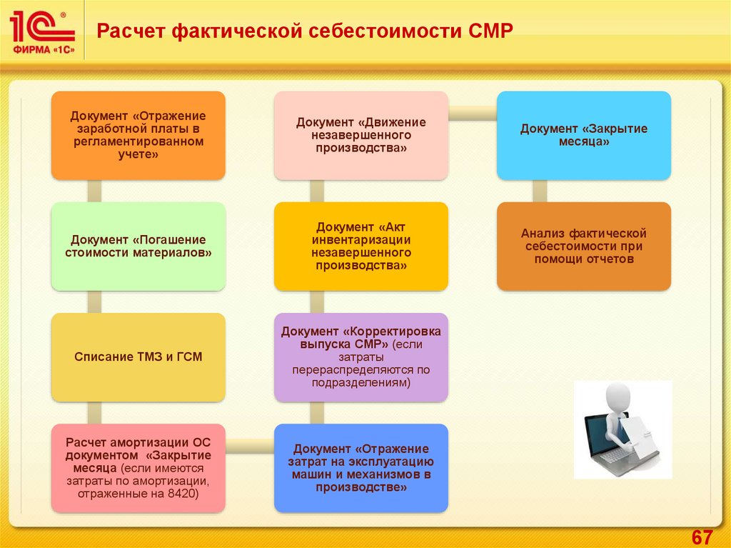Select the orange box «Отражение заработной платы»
click(x=138, y=135)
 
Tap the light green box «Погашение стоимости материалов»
click(x=138, y=246)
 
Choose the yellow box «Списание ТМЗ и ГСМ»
click(x=138, y=357)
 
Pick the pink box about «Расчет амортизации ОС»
click(x=138, y=468)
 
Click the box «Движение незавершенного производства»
click(x=361, y=135)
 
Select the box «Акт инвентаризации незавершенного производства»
click(x=361, y=246)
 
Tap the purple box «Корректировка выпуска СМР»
click(x=361, y=357)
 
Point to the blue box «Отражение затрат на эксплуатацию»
click(x=361, y=468)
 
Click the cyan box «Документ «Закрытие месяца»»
click(x=584, y=135)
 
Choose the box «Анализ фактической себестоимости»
click(x=584, y=246)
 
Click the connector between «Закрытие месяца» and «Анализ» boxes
click(x=540, y=191)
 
